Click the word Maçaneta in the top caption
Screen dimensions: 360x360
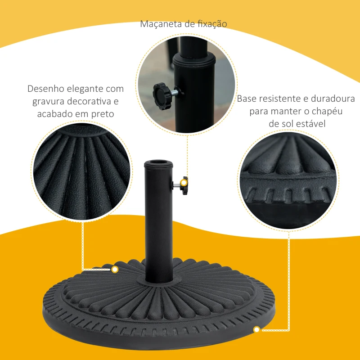pyautogui.click(x=160, y=24)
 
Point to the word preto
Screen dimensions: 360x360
pyautogui.click(x=102, y=114)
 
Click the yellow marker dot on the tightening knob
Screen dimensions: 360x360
pyautogui.click(x=183, y=182)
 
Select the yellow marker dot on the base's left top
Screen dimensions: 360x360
pyautogui.click(x=115, y=270)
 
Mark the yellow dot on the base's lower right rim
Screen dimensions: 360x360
pyautogui.click(x=256, y=330)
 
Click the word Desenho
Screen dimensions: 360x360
pyautogui.click(x=44, y=89)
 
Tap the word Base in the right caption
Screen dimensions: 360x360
pyautogui.click(x=247, y=98)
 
